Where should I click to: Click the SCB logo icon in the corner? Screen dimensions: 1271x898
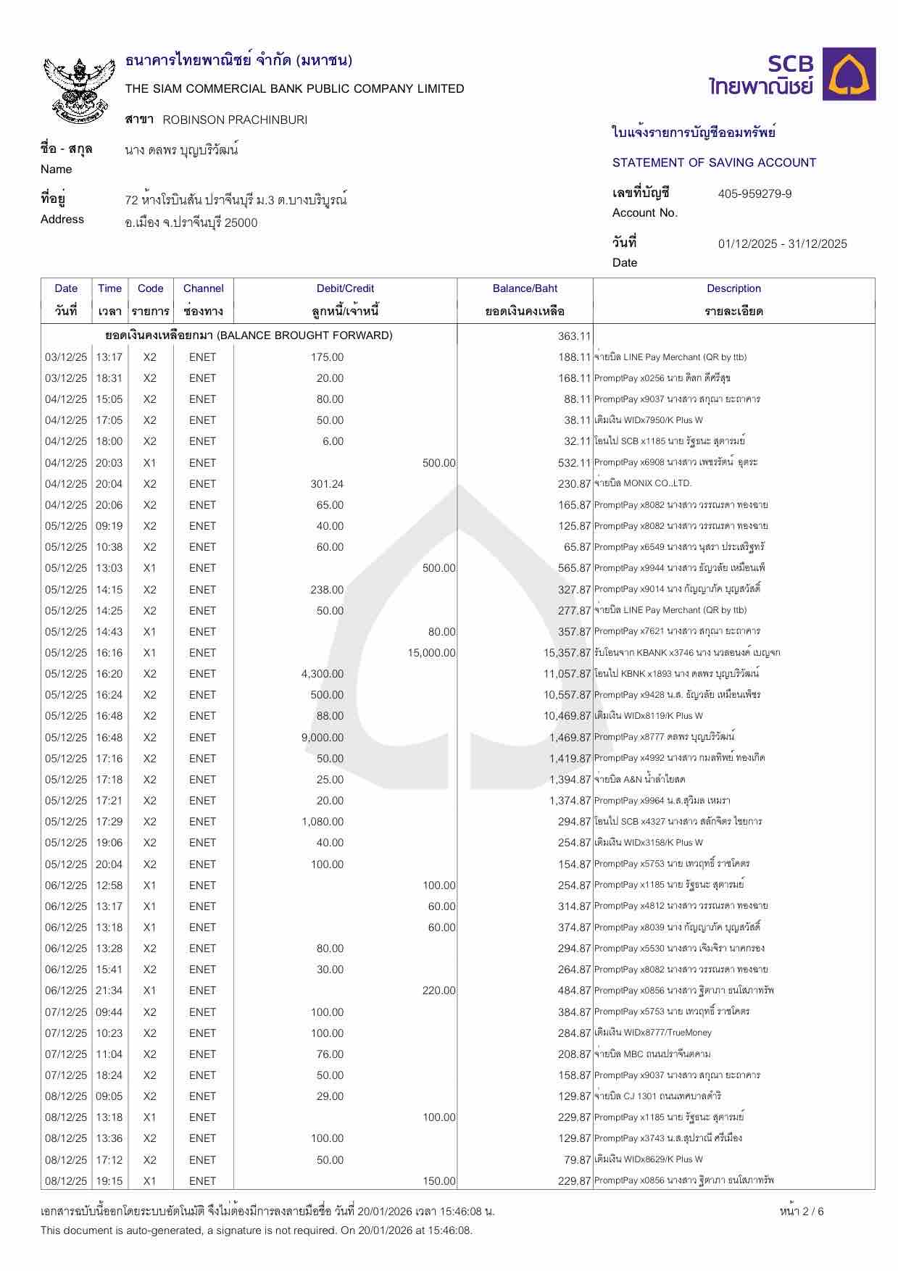coord(852,74)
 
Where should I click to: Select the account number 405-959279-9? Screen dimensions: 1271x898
coord(754,193)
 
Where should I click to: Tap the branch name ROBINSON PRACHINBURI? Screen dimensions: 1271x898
coord(235,120)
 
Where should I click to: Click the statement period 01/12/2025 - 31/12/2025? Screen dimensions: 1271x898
coord(782,243)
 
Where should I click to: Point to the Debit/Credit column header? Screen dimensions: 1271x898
coord(345,288)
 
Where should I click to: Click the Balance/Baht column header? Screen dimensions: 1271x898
coord(525,288)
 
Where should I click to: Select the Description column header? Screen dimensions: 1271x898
coord(733,288)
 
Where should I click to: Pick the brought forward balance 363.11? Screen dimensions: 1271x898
coord(574,336)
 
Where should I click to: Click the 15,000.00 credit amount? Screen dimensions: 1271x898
coord(431,653)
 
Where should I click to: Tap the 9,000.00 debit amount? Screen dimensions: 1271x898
coord(323,738)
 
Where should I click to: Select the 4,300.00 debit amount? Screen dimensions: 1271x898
coord(323,674)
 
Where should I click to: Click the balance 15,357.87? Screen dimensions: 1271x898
coord(568,653)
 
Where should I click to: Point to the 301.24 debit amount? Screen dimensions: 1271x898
coord(327,484)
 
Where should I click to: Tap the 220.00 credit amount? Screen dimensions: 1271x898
coord(438,991)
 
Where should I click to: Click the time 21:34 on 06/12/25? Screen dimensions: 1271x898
coord(109,991)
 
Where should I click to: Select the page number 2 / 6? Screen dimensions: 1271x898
coord(802,1212)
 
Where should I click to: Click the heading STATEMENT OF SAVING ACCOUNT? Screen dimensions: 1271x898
coord(714,162)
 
